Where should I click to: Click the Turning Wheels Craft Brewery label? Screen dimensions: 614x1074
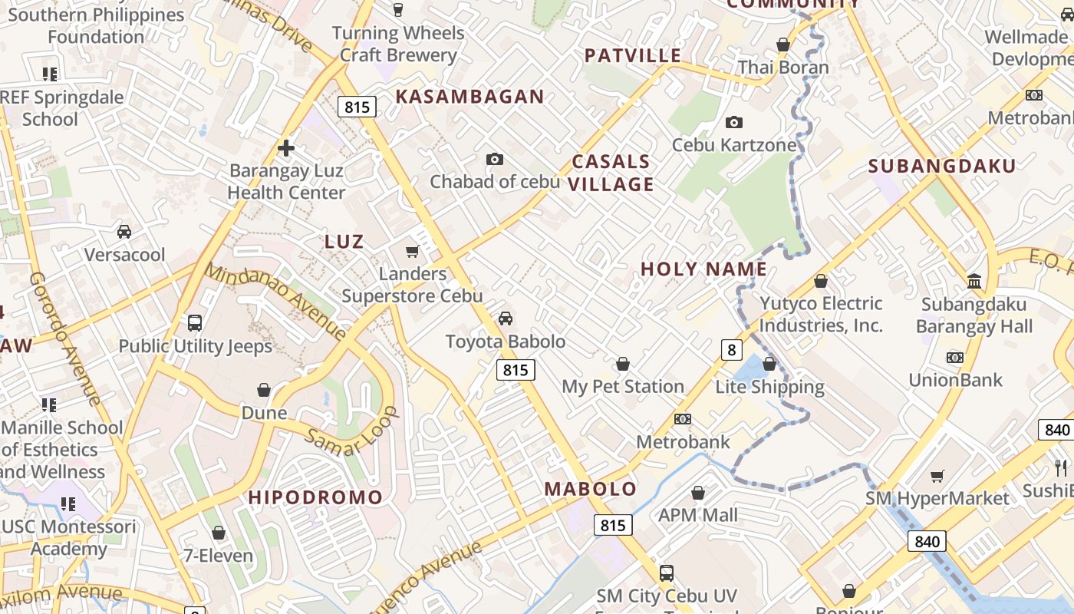click(x=398, y=45)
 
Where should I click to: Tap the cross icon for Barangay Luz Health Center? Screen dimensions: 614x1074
click(x=286, y=147)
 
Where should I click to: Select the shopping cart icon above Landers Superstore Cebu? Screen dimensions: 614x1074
click(x=413, y=251)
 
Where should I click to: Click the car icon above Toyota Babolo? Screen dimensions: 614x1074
click(x=506, y=319)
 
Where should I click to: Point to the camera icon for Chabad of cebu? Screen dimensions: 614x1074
click(x=495, y=160)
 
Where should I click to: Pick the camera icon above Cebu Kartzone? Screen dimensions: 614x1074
click(x=734, y=123)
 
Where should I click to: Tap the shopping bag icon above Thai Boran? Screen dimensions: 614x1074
click(x=783, y=45)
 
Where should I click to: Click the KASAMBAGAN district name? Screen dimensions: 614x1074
click(x=469, y=97)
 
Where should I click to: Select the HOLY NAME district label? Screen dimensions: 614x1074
click(x=703, y=269)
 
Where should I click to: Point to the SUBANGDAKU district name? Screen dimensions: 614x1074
click(x=942, y=166)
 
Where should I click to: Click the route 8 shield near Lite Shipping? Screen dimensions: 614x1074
click(x=732, y=350)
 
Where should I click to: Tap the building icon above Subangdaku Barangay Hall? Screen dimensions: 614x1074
click(x=974, y=282)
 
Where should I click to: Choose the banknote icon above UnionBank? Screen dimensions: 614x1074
click(x=955, y=358)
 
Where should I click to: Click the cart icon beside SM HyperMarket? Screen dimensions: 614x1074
click(x=937, y=477)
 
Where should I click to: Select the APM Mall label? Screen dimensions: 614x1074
click(x=698, y=515)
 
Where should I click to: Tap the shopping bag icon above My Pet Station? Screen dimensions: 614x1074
click(x=623, y=364)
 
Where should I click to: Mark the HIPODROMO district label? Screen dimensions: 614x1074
click(x=315, y=497)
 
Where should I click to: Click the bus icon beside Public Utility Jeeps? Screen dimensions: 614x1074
click(x=195, y=323)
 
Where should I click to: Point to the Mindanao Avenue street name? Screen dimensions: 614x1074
click(x=275, y=302)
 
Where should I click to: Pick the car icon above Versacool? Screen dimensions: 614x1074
click(x=124, y=232)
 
